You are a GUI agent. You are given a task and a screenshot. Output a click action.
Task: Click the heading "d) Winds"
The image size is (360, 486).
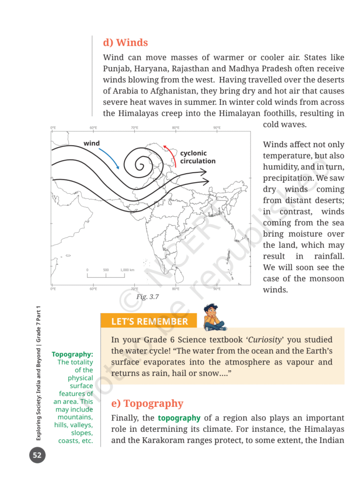click(125, 43)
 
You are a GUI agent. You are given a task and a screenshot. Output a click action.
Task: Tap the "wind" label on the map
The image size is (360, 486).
click(92, 143)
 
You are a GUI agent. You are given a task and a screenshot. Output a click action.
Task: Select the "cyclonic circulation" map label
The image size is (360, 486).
click(198, 157)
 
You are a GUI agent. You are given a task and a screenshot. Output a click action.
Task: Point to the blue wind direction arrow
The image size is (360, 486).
click(109, 158)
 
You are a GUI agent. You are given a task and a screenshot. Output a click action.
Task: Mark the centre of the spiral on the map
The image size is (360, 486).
click(141, 165)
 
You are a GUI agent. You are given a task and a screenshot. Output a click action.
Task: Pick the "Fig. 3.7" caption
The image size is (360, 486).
click(147, 297)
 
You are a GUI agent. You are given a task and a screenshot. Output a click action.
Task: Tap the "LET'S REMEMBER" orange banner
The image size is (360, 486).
click(149, 321)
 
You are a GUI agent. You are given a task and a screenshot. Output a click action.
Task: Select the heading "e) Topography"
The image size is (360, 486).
click(147, 403)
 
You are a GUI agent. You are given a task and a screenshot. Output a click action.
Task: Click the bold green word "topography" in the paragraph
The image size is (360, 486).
click(179, 418)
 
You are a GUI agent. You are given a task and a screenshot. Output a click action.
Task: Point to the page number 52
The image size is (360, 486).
click(37, 456)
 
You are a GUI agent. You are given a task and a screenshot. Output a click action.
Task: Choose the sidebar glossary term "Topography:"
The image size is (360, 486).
click(72, 354)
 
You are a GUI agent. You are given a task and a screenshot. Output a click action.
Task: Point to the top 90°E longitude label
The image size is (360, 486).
click(217, 128)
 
